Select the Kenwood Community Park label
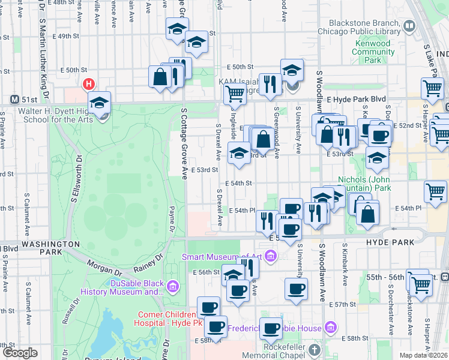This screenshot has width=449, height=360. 373,52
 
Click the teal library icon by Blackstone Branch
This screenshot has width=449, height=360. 409,26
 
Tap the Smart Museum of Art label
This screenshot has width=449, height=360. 222,257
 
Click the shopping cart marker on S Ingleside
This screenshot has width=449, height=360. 234,93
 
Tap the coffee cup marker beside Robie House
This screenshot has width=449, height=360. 271,328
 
